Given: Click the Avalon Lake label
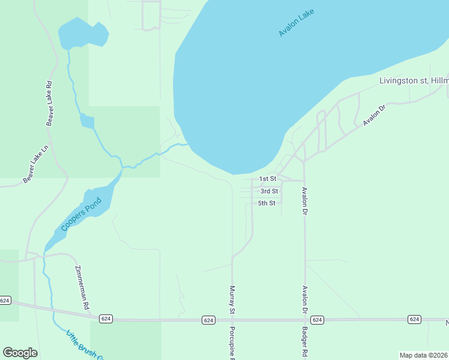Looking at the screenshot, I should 297,22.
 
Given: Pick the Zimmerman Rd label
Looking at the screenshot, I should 82,287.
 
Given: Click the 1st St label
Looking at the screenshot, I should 267,179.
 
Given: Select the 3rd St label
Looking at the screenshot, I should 269,191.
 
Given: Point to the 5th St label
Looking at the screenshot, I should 267,203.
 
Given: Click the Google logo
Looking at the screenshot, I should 20,353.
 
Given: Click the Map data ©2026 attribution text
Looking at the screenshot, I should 423,355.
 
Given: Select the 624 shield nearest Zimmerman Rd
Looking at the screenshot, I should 106,319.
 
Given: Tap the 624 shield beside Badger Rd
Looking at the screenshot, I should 318,320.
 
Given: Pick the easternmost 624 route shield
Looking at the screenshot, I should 414,319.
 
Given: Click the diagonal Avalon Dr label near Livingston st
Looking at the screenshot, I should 373,115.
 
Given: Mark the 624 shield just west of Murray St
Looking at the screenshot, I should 208,320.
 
